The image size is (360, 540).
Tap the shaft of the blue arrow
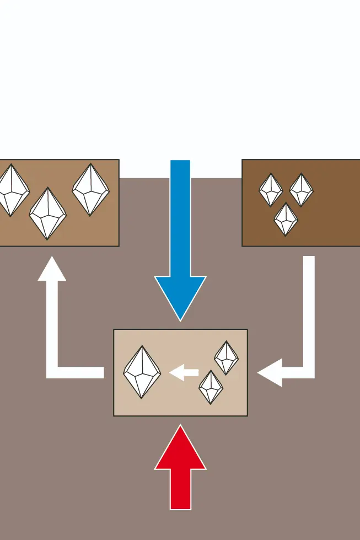(x=180, y=215)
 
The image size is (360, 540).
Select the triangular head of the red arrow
(x=180, y=450)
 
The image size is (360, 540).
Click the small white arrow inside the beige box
(x=183, y=373)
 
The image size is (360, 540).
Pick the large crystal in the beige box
(x=142, y=372)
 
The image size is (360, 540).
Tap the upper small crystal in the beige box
(x=226, y=357)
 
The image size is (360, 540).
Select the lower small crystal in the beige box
(x=211, y=387)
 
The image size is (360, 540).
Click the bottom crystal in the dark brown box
(x=285, y=219)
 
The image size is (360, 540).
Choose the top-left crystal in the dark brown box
(x=271, y=190)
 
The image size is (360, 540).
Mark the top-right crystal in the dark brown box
(x=301, y=190)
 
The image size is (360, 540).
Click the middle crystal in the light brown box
(x=47, y=213)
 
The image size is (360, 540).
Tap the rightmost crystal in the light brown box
(x=90, y=189)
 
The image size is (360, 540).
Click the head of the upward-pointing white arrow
(x=52, y=270)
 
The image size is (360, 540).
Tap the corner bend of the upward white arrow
(x=53, y=372)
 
